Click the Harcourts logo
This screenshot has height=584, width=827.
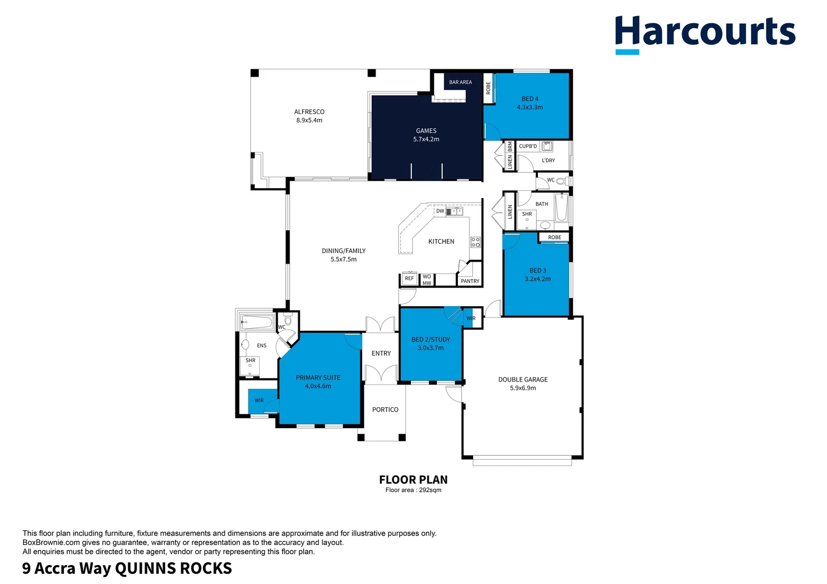705,34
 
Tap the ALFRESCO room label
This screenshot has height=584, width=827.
309,112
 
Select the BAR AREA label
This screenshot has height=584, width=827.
460,82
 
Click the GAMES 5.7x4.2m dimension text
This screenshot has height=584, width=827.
426,140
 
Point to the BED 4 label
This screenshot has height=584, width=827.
530,99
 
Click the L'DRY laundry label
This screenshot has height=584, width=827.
548,161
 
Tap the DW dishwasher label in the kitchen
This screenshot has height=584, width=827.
440,211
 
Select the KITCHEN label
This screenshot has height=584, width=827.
441,242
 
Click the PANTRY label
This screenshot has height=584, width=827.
470,281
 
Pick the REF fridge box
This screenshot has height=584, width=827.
409,278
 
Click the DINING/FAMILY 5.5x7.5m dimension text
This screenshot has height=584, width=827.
343,260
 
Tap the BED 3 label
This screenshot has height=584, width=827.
537,270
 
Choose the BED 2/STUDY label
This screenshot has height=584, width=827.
430,340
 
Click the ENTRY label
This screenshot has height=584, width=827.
381,353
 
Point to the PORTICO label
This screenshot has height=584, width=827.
385,410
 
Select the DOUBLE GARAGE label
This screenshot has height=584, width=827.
523,380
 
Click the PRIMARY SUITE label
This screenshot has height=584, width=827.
318,377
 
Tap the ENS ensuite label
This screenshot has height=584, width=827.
261,346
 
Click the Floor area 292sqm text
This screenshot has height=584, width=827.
413,490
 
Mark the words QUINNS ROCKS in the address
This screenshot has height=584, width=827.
173,569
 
